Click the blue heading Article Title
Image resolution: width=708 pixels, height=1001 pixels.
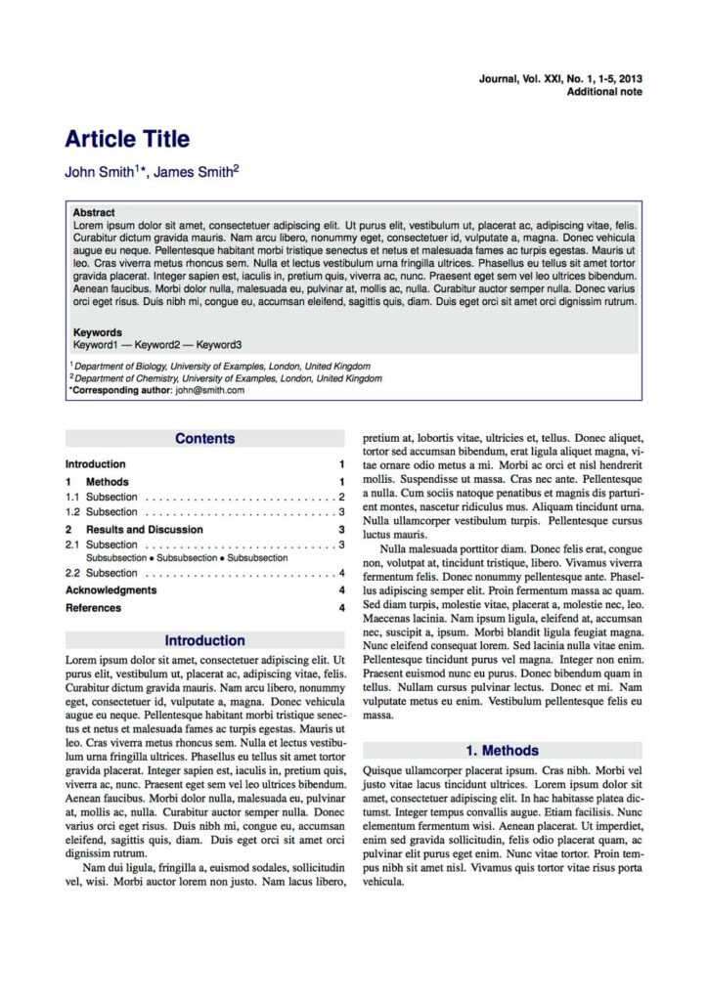127,139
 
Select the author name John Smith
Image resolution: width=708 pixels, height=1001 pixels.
98,172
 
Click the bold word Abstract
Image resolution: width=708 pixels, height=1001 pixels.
94,212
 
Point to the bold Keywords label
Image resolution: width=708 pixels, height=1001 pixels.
98,332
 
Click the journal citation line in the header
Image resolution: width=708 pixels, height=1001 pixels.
560,78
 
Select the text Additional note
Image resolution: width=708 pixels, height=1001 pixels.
604,91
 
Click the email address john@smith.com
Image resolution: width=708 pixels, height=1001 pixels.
210,390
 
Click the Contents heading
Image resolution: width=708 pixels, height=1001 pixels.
205,439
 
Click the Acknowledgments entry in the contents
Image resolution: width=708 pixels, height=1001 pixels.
111,590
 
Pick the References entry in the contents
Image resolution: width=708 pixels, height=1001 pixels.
94,608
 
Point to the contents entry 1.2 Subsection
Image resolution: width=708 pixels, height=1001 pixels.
102,512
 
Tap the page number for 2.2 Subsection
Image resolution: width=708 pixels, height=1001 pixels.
341,574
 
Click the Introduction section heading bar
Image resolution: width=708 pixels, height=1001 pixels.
205,641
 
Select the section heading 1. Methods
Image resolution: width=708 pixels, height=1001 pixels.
502,751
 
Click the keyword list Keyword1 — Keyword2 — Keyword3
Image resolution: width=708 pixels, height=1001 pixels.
157,345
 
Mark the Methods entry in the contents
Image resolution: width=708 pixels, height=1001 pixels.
108,482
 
